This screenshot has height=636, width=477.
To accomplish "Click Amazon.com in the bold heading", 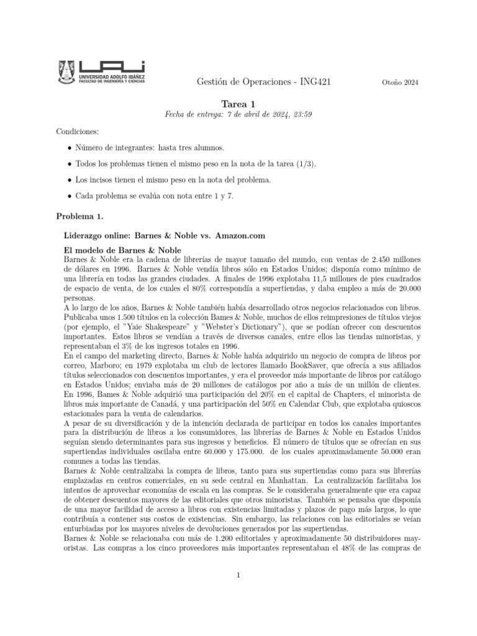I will pyautogui.click(x=240, y=235).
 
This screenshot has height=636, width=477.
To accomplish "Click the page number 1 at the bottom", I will pyautogui.click(x=238, y=575).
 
